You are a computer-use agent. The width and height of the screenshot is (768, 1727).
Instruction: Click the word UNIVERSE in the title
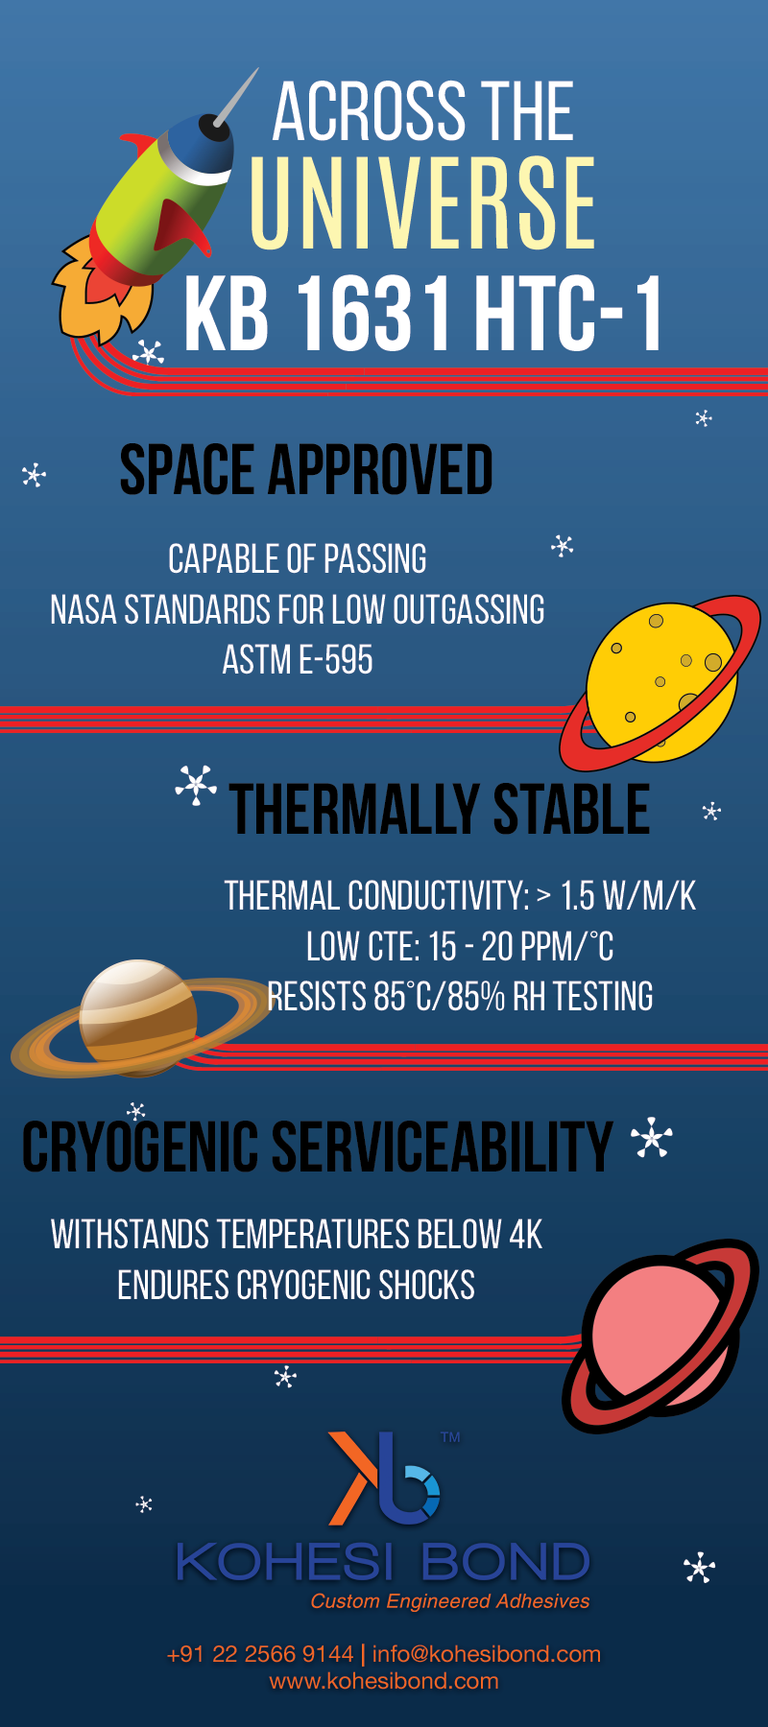point(422,202)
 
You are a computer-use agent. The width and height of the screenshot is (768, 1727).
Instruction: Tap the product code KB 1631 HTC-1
point(422,314)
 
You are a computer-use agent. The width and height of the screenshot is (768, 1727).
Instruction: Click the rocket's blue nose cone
point(205,146)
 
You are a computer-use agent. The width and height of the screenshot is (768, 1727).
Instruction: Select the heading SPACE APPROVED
point(305,469)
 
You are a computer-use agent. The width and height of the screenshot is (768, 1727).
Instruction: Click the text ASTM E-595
point(298,660)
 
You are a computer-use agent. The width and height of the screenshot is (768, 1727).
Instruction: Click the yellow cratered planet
point(661,682)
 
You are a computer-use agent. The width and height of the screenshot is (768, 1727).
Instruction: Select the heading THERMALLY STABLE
point(440,809)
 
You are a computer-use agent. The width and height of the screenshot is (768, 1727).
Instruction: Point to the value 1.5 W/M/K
point(628,896)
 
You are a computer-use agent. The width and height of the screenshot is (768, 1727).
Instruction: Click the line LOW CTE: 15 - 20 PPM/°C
point(460,947)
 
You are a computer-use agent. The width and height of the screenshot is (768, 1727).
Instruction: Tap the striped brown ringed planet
point(140,1017)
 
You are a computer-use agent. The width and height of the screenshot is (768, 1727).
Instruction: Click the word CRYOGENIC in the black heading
point(140,1147)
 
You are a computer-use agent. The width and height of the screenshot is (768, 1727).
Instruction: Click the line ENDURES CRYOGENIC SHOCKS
point(296,1286)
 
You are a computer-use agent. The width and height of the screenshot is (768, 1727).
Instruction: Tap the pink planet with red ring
point(660,1334)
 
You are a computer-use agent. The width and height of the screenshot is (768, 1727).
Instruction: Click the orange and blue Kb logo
point(384,1479)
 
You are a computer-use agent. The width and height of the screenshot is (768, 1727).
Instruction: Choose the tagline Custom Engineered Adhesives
point(450,1601)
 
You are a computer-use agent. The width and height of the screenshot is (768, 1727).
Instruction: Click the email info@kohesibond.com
point(487,1654)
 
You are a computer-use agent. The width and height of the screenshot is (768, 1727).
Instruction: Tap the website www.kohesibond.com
point(384,1681)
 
